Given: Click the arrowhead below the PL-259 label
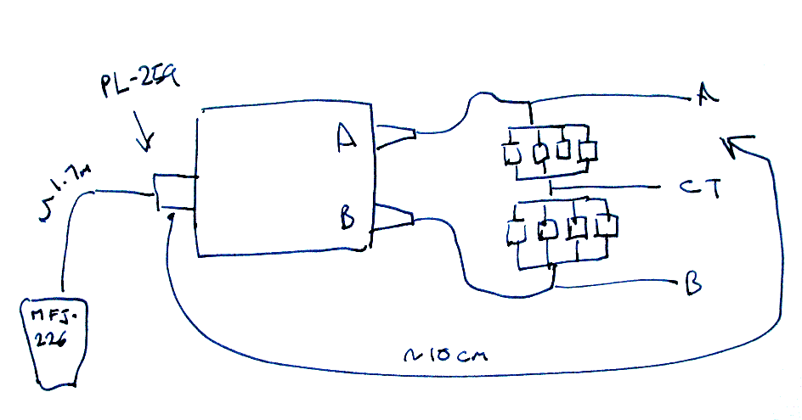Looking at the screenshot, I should (x=145, y=143).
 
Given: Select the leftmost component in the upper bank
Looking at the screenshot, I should (x=511, y=155).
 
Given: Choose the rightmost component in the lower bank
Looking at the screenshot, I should (x=606, y=227).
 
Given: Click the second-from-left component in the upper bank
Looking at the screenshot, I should (x=538, y=153).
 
